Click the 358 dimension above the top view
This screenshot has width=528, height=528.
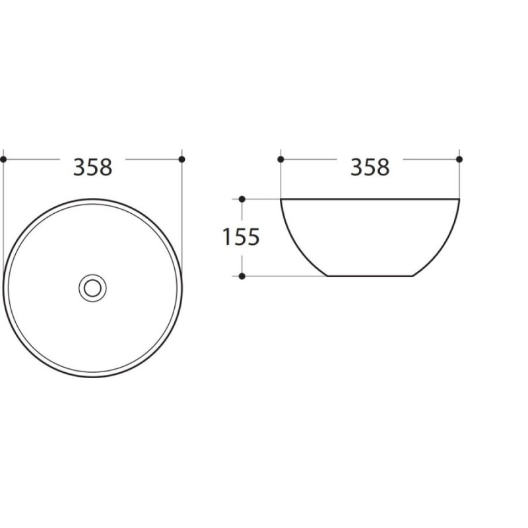point(92,168)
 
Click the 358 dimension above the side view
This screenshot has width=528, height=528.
point(370,168)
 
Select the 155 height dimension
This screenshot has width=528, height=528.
point(241,237)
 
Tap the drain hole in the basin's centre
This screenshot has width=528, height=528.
point(92,288)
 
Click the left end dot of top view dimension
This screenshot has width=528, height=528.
point(3,159)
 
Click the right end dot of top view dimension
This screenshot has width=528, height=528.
point(182,159)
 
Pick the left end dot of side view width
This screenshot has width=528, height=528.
point(281,159)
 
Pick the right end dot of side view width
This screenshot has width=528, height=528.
point(459,159)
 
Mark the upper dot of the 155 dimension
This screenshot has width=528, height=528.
point(242,199)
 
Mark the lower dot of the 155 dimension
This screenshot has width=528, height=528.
point(242,276)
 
